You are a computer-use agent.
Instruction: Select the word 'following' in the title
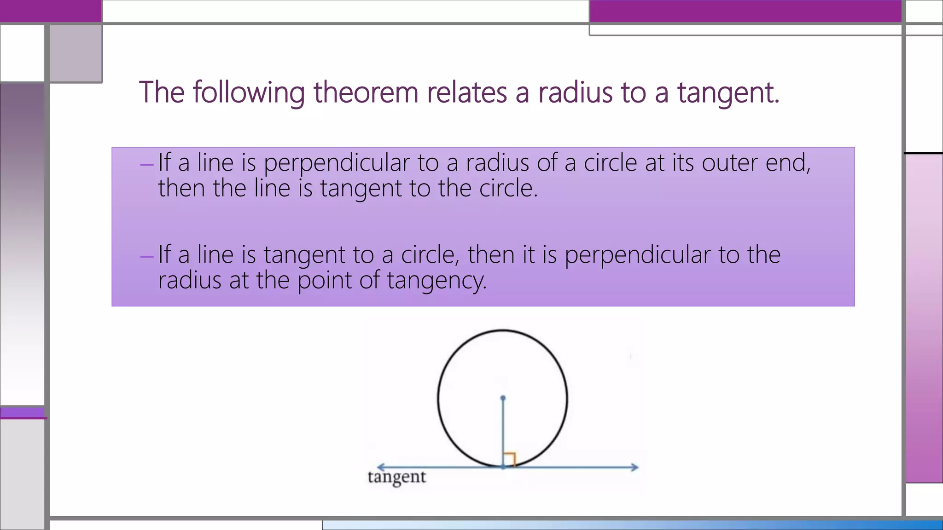click(x=249, y=93)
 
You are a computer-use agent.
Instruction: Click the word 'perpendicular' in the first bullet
click(x=337, y=163)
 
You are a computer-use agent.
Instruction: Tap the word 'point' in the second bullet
click(x=324, y=281)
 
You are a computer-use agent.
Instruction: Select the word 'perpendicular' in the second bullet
click(x=638, y=255)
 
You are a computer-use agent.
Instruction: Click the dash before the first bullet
click(x=147, y=164)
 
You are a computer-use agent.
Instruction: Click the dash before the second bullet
click(x=147, y=256)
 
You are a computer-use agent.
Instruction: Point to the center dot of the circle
click(x=503, y=398)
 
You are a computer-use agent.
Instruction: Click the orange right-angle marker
click(x=509, y=459)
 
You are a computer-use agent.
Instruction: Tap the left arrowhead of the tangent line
click(x=380, y=467)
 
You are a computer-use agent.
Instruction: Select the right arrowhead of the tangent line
click(x=635, y=467)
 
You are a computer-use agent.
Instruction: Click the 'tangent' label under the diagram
click(x=397, y=477)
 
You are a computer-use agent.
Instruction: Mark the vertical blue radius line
click(x=503, y=432)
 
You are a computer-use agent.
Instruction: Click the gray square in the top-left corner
click(x=76, y=53)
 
